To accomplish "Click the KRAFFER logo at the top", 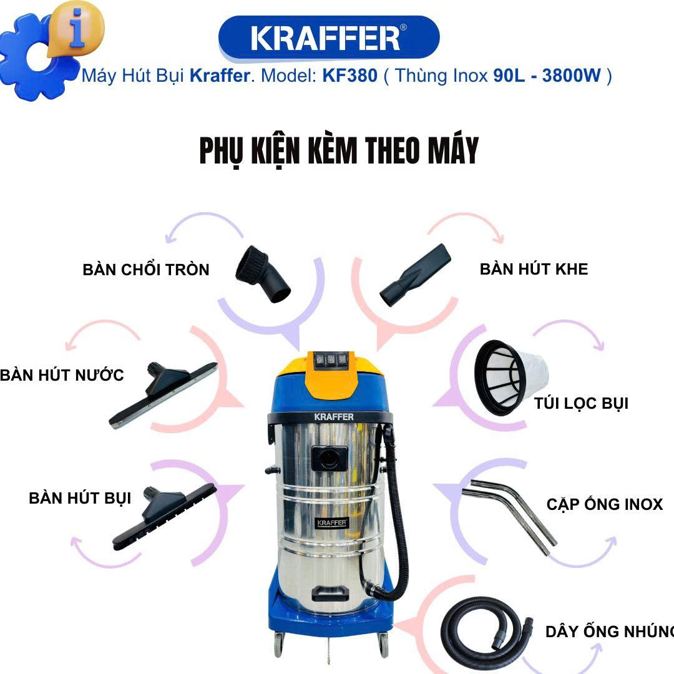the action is tap(329, 37).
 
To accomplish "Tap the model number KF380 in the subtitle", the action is tap(350, 76).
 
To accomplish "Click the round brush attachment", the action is tap(263, 274).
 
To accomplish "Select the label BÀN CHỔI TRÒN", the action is tap(146, 270).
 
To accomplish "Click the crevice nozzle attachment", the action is tap(415, 275).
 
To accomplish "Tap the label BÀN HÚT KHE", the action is tap(534, 269).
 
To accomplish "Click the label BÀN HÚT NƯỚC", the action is tap(62, 375).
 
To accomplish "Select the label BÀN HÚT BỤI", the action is tap(80, 498).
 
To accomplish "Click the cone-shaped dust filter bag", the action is tap(510, 378).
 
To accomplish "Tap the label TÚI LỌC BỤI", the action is tap(581, 403).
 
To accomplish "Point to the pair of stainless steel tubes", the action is tap(509, 517).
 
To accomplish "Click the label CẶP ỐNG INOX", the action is tap(605, 504).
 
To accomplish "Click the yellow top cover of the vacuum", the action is tap(330, 373).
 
